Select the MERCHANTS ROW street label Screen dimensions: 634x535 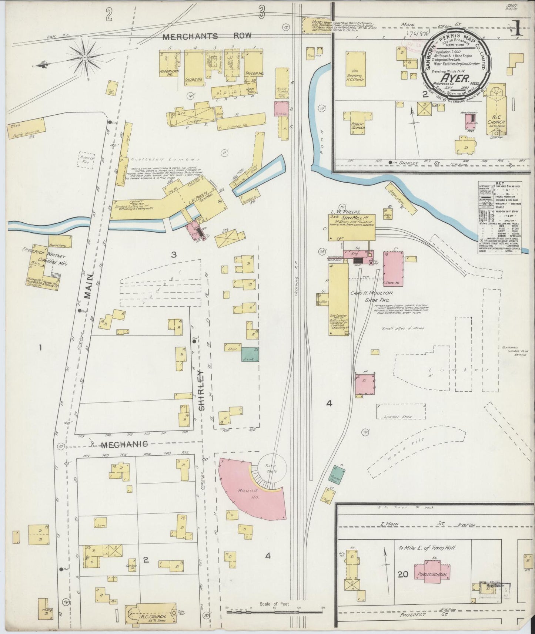(x=207, y=36)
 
